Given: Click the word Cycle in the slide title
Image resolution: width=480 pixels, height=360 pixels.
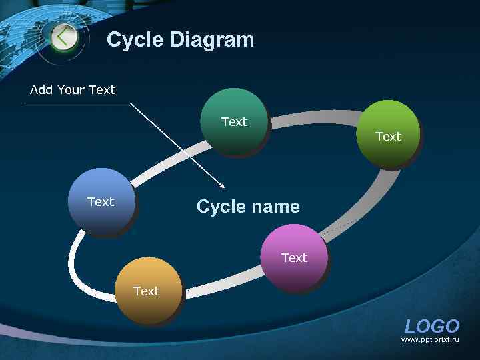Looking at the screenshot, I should (x=135, y=40).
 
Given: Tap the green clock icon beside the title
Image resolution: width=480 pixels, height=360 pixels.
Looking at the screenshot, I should (x=63, y=37).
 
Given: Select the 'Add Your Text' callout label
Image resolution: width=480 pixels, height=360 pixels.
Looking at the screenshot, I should (x=73, y=90).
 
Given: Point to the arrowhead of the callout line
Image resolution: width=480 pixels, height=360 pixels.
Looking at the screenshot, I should (x=224, y=187).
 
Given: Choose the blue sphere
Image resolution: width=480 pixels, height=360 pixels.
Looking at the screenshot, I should (x=101, y=201).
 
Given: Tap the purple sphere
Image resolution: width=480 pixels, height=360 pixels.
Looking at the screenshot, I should (x=294, y=257).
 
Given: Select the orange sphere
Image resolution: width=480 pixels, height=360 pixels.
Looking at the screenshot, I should (x=147, y=291).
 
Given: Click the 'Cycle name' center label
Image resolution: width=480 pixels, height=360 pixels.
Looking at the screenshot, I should (x=248, y=207).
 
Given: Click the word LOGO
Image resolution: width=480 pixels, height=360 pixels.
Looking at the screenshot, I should (x=432, y=327).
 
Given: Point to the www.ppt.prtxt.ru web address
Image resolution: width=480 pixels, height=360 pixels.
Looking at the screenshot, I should (x=430, y=340).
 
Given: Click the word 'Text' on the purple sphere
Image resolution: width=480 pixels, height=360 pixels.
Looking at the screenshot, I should (x=294, y=257).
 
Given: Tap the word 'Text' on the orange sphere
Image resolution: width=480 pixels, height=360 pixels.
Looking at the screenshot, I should (x=147, y=291).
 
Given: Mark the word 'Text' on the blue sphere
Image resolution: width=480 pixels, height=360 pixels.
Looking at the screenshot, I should (x=101, y=201).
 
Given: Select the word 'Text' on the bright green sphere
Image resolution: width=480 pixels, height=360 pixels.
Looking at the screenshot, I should (x=389, y=137).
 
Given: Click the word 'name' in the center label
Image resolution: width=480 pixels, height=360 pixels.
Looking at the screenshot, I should (x=276, y=207).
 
